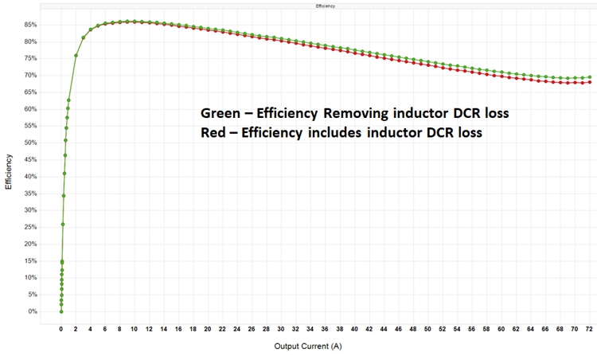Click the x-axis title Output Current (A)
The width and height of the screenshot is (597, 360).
tap(310, 346)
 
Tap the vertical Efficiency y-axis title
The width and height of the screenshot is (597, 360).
tap(10, 172)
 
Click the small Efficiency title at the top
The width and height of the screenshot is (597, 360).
tap(325, 6)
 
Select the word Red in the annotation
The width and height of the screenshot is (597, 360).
tap(213, 133)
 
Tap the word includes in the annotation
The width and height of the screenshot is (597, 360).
tap(334, 133)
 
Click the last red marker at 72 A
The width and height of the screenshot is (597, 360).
tap(589, 82)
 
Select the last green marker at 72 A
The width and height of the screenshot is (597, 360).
tap(589, 77)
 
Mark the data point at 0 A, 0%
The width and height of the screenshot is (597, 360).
tap(61, 311)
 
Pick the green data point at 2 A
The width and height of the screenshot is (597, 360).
tap(76, 56)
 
